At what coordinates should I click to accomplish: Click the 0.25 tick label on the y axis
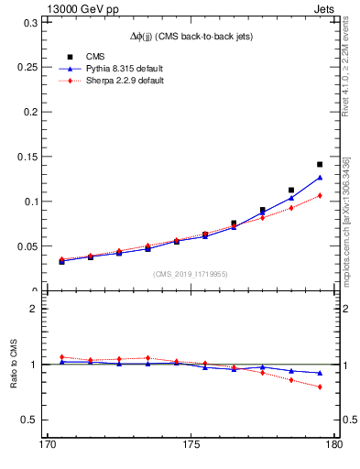[x=27, y=67]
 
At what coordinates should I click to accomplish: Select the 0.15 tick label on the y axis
[x=27, y=157]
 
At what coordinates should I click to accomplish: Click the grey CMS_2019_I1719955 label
[x=190, y=273]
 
